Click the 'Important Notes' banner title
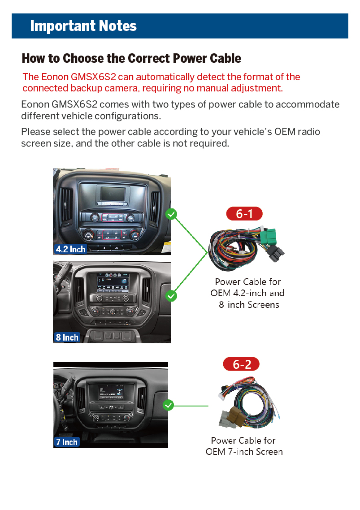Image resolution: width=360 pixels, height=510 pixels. pyautogui.click(x=83, y=26)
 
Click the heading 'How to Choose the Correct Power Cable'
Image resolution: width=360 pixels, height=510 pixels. pyautogui.click(x=131, y=59)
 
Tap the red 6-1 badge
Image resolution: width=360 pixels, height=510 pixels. pyautogui.click(x=244, y=214)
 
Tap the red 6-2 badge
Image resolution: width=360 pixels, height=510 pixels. pyautogui.click(x=241, y=364)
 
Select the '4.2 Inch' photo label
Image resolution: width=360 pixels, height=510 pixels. pyautogui.click(x=70, y=249)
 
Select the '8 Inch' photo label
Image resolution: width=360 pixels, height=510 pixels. pyautogui.click(x=67, y=337)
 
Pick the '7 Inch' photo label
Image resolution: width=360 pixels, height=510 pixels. pyautogui.click(x=67, y=442)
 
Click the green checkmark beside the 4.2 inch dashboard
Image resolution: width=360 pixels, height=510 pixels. pyautogui.click(x=171, y=214)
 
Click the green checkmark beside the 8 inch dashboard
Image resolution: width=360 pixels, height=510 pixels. pyautogui.click(x=171, y=296)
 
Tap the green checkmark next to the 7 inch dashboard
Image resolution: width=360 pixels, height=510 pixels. pyautogui.click(x=168, y=406)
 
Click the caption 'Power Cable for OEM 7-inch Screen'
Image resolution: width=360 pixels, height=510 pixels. pyautogui.click(x=244, y=446)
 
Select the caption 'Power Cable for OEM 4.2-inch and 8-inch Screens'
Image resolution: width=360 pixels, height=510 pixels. pyautogui.click(x=247, y=293)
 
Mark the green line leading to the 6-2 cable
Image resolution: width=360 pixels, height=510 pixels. pyautogui.click(x=191, y=406)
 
